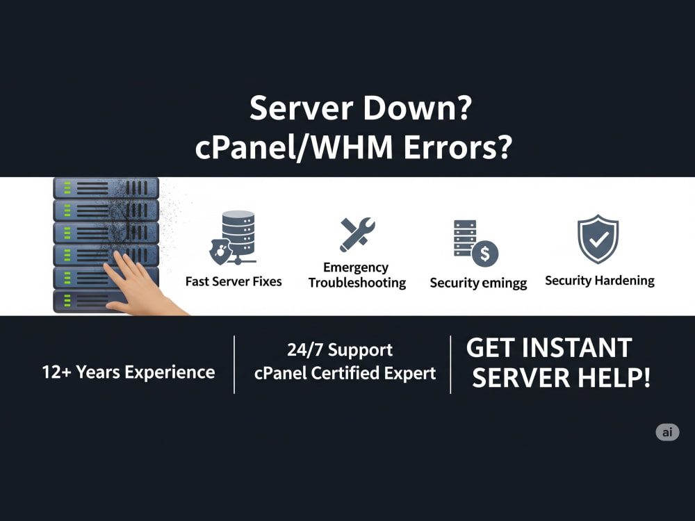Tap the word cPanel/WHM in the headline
294,147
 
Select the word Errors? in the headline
458,147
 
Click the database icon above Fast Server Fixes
239,237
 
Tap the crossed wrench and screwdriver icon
357,234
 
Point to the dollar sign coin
485,254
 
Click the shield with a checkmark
598,239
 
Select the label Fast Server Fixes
234,281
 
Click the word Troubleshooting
357,283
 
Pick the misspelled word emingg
504,283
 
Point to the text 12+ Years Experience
129,372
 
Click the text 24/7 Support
340,350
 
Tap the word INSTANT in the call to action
577,348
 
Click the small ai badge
667,432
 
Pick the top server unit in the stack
106,188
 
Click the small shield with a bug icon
220,251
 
